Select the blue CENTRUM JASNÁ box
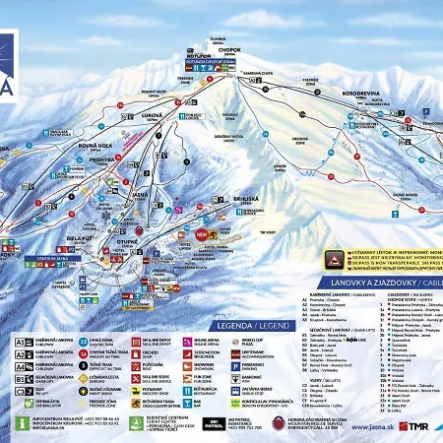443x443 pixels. click(30, 258)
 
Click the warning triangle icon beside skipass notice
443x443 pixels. click(334, 257)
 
